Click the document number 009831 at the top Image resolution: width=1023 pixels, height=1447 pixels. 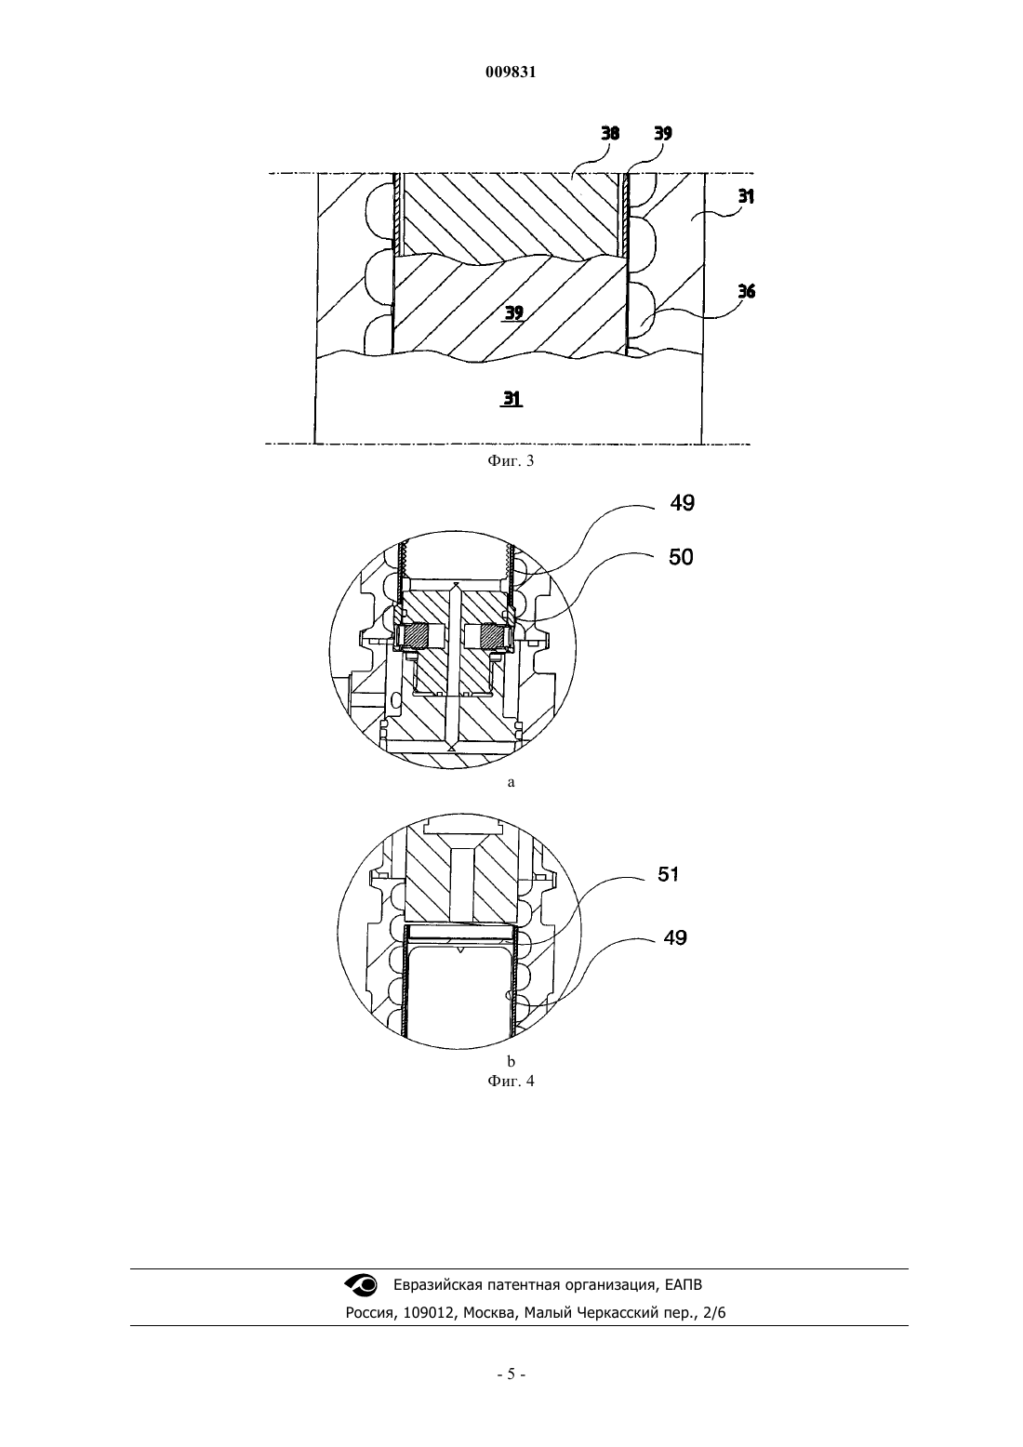click(x=511, y=73)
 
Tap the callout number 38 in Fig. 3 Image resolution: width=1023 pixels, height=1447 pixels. click(x=610, y=133)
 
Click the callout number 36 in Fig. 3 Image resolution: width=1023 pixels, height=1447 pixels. click(x=746, y=291)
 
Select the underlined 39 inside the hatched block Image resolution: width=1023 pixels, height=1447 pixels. click(x=513, y=313)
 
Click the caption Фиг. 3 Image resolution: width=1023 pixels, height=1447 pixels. click(x=511, y=460)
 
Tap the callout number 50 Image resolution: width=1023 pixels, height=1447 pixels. click(x=681, y=557)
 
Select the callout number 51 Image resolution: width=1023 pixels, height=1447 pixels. click(x=668, y=875)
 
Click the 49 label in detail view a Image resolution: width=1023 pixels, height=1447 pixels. click(x=682, y=502)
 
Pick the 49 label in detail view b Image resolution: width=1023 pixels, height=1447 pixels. click(x=675, y=937)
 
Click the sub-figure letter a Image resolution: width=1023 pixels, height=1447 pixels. click(x=511, y=782)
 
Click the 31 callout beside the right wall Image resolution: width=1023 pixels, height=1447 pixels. click(x=745, y=196)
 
